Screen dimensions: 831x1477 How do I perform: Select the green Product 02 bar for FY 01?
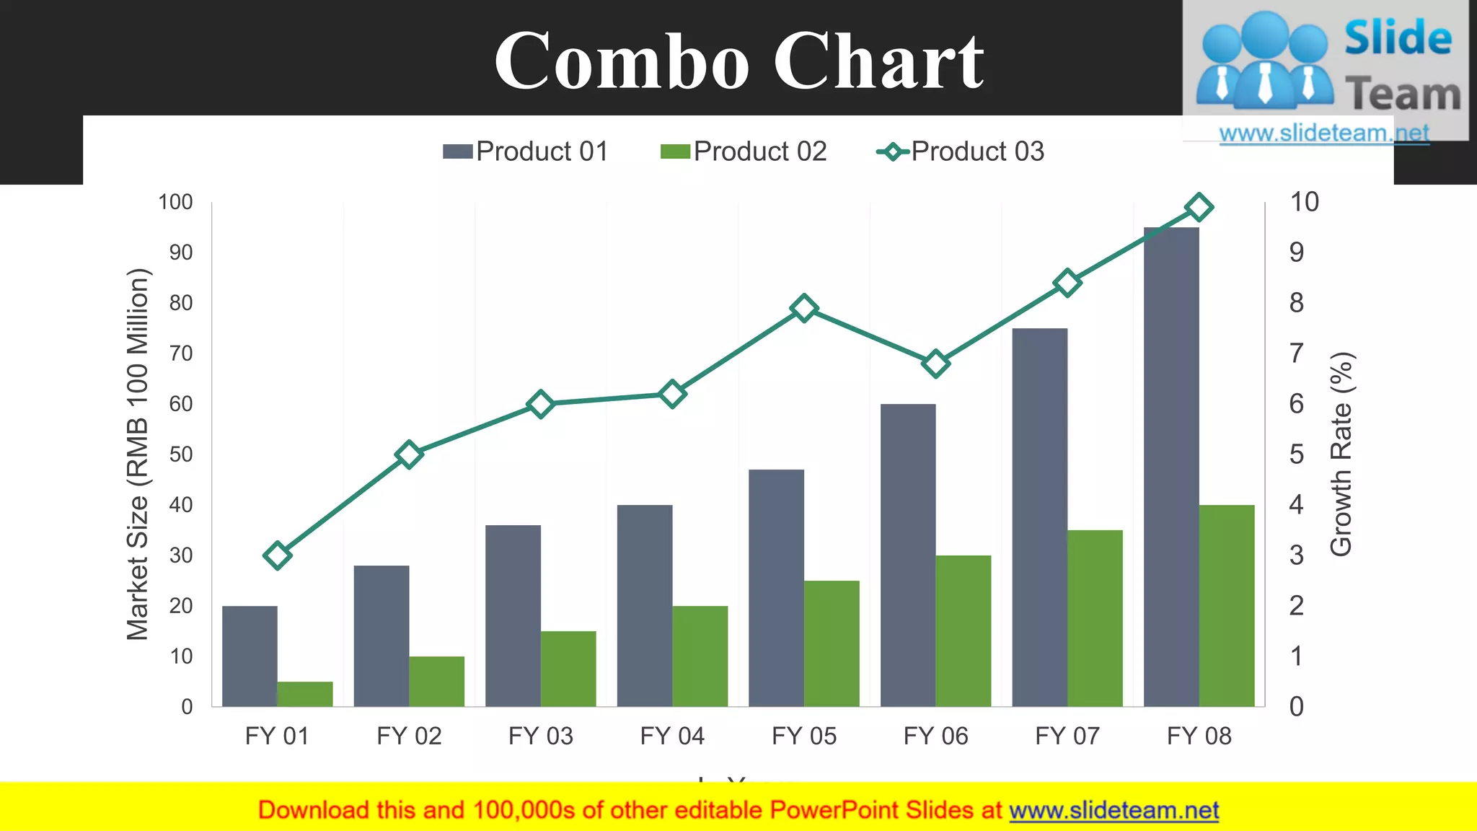pyautogui.click(x=305, y=694)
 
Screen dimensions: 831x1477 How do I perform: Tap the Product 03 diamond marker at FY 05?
pyautogui.click(x=803, y=309)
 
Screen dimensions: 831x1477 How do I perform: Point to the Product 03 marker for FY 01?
pyautogui.click(x=278, y=555)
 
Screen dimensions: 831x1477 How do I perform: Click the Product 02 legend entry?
pyautogui.click(x=744, y=151)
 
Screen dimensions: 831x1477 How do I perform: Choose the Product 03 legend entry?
pyautogui.click(x=961, y=151)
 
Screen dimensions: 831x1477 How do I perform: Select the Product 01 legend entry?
pyautogui.click(x=526, y=151)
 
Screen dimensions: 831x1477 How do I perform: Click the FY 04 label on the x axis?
pyautogui.click(x=672, y=736)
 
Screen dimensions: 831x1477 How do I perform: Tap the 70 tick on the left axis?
pyautogui.click(x=181, y=353)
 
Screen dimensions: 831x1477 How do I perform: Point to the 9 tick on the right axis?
pyautogui.click(x=1297, y=252)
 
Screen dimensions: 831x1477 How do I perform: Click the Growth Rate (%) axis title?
pyautogui.click(x=1341, y=454)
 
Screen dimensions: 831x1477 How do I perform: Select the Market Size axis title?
pyautogui.click(x=138, y=454)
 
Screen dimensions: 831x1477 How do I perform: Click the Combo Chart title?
pyautogui.click(x=738, y=61)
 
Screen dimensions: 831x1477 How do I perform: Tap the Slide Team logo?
pyautogui.click(x=1326, y=65)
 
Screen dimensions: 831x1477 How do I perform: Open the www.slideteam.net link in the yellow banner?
pyautogui.click(x=1114, y=810)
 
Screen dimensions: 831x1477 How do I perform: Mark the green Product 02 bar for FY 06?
pyautogui.click(x=964, y=630)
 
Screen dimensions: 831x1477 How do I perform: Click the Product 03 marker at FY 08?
pyautogui.click(x=1199, y=208)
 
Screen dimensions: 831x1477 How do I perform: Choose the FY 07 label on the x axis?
pyautogui.click(x=1067, y=736)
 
